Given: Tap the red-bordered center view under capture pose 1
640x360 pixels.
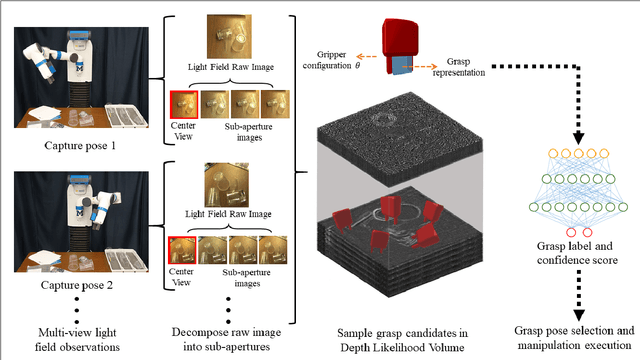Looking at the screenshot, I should [183, 104].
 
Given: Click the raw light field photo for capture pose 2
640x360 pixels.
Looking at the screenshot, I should [227, 185].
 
